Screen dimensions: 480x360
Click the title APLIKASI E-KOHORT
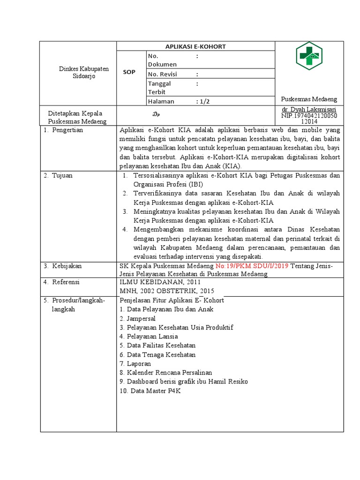click(x=195, y=46)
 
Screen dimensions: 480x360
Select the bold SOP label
click(x=129, y=72)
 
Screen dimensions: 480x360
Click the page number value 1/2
click(x=203, y=101)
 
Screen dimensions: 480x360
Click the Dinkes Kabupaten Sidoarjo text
click(x=84, y=72)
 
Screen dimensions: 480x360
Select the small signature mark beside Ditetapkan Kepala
click(x=157, y=114)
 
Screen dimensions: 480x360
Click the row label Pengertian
click(x=67, y=130)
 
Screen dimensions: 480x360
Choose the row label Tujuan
click(x=63, y=175)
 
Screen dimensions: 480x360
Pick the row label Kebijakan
click(x=67, y=266)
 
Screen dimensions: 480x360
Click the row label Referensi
click(x=66, y=282)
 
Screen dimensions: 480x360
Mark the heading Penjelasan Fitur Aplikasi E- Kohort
click(x=172, y=300)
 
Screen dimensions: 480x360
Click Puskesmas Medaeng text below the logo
click(x=309, y=99)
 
